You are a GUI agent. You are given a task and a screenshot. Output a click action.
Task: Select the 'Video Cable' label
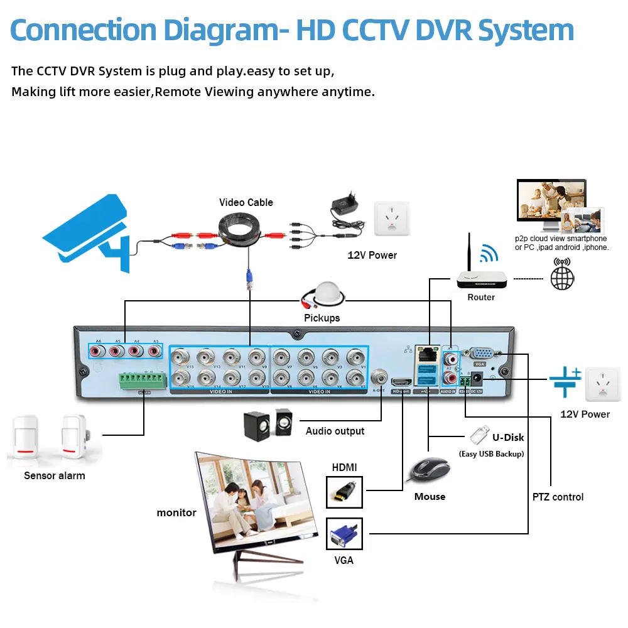point(246,202)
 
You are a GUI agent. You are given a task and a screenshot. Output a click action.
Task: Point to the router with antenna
point(480,277)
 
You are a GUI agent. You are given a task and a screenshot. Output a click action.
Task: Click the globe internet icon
point(562,277)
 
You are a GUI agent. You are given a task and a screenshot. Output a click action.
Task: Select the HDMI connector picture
point(345,492)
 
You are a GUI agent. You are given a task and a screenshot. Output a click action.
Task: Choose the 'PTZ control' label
point(558,497)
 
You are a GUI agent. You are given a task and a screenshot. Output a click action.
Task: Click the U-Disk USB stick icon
point(478,435)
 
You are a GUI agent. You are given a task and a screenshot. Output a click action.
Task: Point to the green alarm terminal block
point(144,381)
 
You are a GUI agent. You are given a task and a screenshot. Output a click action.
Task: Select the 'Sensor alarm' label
point(54,475)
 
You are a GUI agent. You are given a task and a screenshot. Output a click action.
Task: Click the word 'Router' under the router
point(481,297)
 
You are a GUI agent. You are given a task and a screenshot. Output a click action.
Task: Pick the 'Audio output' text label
point(335,431)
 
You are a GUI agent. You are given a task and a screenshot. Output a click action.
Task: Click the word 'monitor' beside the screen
point(176,512)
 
